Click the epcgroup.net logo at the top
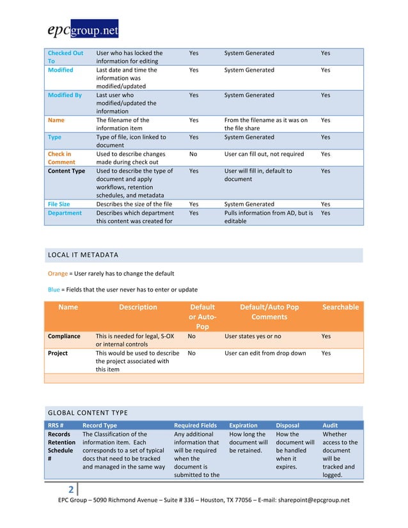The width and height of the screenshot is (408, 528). [82, 29]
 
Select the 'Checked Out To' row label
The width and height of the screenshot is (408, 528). [65, 57]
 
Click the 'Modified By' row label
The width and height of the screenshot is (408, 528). [65, 95]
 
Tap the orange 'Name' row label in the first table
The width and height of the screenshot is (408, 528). [56, 120]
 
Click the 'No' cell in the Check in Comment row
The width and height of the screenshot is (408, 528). [193, 154]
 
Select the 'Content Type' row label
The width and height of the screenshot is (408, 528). [66, 171]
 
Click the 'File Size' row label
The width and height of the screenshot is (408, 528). [61, 205]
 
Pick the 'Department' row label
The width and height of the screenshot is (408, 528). [65, 213]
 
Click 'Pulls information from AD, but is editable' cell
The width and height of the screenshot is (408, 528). [268, 217]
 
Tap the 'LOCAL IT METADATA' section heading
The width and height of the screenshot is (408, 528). [83, 256]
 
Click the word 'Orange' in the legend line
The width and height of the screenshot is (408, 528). [59, 274]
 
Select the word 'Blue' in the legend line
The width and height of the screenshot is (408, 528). [55, 289]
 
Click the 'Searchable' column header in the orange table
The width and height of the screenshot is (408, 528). [340, 307]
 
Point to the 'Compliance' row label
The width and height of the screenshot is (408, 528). [64, 336]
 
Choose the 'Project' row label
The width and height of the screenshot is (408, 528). [58, 352]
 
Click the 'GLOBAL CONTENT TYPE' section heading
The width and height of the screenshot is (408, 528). [88, 413]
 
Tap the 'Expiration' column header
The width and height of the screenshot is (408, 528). [243, 426]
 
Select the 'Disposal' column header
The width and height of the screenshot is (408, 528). [287, 426]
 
